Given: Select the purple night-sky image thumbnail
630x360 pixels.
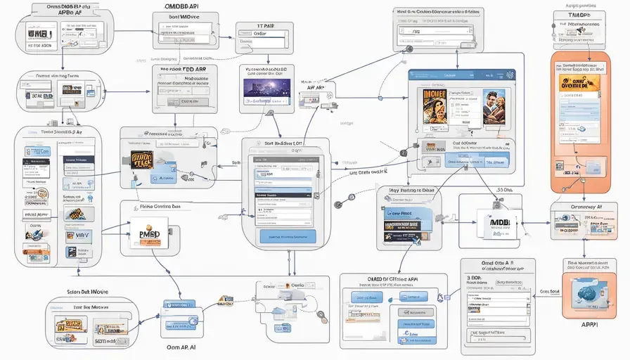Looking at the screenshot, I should pos(263,88).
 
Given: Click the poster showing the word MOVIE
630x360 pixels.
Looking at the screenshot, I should pos(430,105).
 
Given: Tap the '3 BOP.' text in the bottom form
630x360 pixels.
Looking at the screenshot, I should pos(475,278).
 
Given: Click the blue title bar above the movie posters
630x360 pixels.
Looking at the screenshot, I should pos(462,75).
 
